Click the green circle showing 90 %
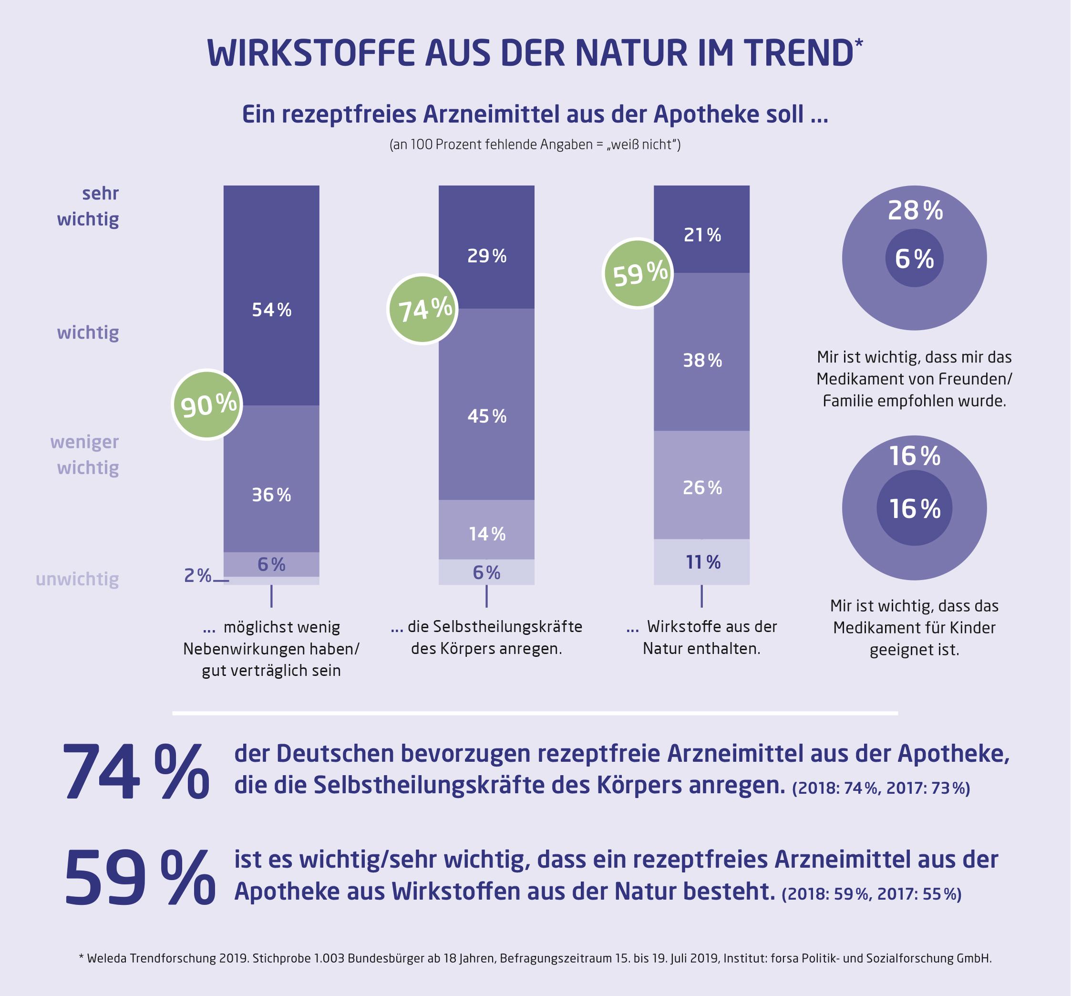click(207, 405)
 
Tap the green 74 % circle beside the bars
click(423, 310)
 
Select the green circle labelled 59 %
click(638, 274)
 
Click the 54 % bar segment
click(271, 295)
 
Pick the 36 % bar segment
click(271, 478)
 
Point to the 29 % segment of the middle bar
click(486, 247)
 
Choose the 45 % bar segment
click(486, 404)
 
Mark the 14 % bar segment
click(486, 529)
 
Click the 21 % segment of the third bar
click(701, 229)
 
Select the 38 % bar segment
click(701, 352)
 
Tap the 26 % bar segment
click(701, 485)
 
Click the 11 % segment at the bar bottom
click(701, 561)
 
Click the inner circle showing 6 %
click(914, 259)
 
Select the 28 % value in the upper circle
click(915, 211)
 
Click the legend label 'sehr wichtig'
click(88, 206)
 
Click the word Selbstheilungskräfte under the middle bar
click(494, 626)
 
